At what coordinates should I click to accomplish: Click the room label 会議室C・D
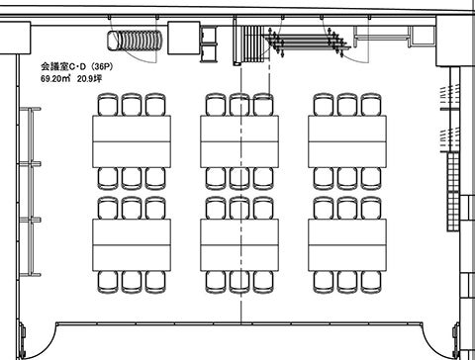coord(63,66)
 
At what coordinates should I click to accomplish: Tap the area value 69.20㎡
coord(55,79)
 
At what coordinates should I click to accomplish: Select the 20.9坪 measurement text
coord(89,79)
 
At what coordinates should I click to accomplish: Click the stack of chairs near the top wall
coord(135,41)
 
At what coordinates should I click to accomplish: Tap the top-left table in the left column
coord(132,129)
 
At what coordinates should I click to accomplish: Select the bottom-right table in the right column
coord(347,258)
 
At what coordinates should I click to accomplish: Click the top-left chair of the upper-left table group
coord(108,105)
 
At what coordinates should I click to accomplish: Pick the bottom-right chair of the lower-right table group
coord(371,282)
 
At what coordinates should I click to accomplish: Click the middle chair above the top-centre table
coord(239,105)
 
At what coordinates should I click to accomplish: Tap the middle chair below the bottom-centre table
coord(239,282)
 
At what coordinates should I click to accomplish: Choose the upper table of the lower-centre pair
coord(239,231)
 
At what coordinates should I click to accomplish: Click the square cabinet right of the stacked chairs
coord(184,38)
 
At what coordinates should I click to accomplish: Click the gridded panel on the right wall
coord(453,191)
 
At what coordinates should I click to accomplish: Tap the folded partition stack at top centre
coord(252,44)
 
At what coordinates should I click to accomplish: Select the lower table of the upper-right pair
coord(347,154)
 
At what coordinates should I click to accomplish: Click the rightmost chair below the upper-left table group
coord(155,179)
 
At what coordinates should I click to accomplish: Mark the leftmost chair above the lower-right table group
coord(324,208)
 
